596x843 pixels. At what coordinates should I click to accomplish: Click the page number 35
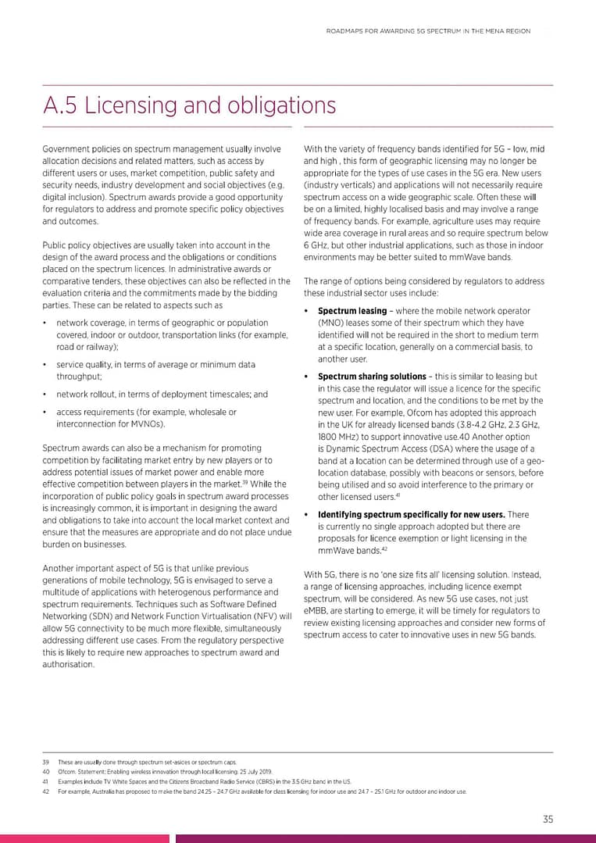coord(548,819)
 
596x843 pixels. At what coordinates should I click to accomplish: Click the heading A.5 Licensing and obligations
coord(189,105)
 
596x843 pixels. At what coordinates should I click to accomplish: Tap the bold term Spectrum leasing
coord(352,311)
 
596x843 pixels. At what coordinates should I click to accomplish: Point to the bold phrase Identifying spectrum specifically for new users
coord(412,514)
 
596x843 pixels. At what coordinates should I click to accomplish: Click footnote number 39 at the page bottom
coord(46,762)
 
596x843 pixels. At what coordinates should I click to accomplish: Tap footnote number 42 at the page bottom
coord(46,791)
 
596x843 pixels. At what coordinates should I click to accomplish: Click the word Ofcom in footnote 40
coord(67,772)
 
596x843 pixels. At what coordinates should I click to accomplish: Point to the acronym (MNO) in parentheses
coord(331,323)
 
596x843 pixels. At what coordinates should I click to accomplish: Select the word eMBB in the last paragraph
coord(317,610)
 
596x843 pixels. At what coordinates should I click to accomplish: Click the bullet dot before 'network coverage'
coord(46,323)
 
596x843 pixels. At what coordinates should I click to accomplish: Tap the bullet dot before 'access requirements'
coord(46,412)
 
